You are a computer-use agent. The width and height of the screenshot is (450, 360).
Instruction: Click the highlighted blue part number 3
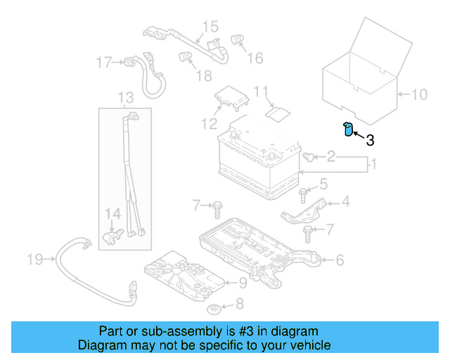(347, 129)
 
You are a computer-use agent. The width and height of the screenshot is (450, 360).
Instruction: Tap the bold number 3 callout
(369, 140)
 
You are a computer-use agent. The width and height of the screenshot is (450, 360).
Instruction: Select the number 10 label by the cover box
(418, 94)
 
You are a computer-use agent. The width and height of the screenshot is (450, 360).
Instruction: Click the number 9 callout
(242, 283)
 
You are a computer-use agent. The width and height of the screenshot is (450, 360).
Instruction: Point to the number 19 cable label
(35, 260)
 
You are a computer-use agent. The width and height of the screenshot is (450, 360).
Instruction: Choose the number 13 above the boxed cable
(125, 96)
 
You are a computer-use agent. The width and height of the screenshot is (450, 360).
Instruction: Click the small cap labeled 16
(238, 41)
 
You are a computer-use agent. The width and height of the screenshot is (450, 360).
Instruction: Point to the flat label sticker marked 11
(279, 111)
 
